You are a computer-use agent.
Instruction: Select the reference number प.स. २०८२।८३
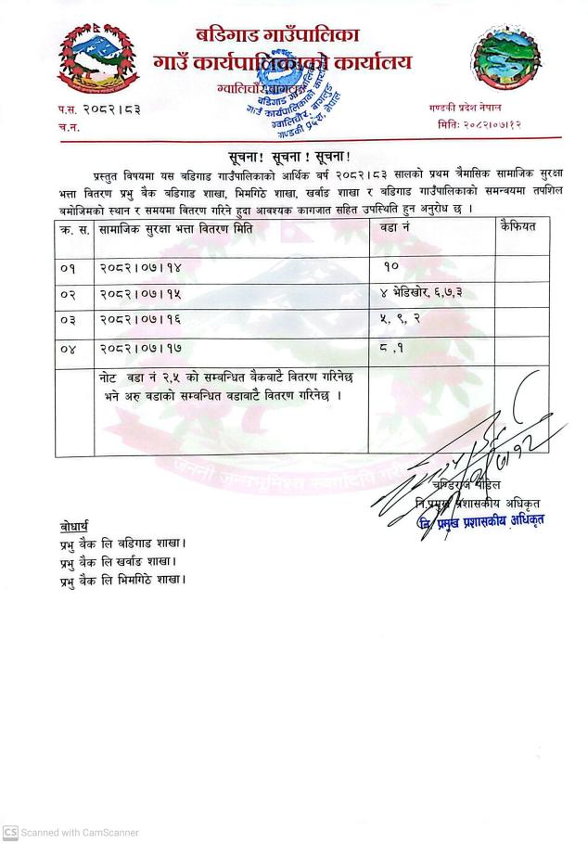pos(99,109)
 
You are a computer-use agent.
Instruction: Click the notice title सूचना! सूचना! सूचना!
pos(296,155)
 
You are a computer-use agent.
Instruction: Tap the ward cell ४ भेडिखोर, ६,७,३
pos(422,294)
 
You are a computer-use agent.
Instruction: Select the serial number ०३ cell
pos(66,321)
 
